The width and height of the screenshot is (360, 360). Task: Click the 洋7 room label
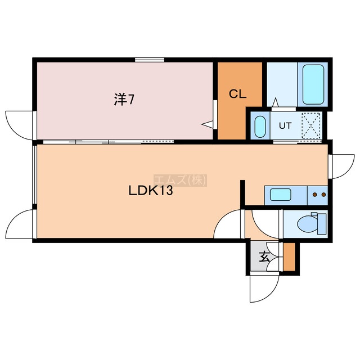pyautogui.click(x=124, y=100)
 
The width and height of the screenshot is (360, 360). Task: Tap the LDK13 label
pyautogui.click(x=150, y=191)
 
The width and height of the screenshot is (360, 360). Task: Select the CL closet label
pyautogui.click(x=237, y=94)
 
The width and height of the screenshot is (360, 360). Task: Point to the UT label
pyautogui.click(x=285, y=125)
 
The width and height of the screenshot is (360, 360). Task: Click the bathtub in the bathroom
pyautogui.click(x=313, y=84)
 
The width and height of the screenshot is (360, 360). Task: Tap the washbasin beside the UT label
pyautogui.click(x=260, y=127)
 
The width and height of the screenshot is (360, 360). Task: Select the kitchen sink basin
pyautogui.click(x=281, y=195)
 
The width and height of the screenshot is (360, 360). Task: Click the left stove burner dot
pyautogui.click(x=315, y=195)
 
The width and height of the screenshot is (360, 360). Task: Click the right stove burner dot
pyautogui.click(x=324, y=195)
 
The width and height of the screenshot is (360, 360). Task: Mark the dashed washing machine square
pyautogui.click(x=311, y=125)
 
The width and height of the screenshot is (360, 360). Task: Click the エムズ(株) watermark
pyautogui.click(x=180, y=180)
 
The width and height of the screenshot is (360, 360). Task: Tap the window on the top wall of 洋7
pyautogui.click(x=150, y=60)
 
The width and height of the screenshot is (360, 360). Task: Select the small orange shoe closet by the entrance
pyautogui.click(x=289, y=256)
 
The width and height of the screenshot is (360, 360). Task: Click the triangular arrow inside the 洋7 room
pyautogui.click(x=208, y=124)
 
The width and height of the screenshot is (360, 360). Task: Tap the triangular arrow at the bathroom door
pyautogui.click(x=275, y=102)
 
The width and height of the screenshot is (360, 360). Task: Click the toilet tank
pyautogui.click(x=322, y=224)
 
